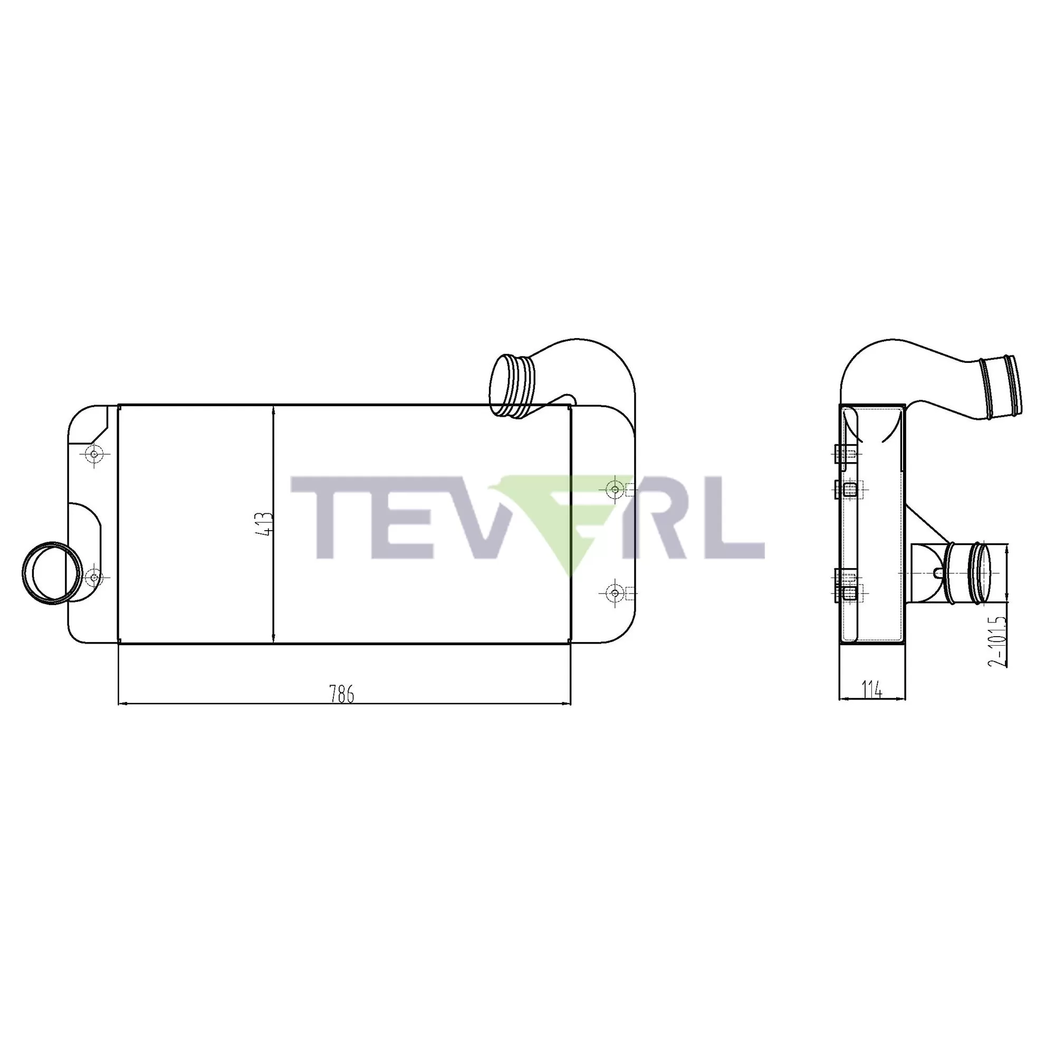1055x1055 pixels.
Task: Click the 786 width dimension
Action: click(x=342, y=694)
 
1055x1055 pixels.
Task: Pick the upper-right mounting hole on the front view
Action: click(x=615, y=490)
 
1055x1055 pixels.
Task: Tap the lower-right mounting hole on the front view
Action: click(x=615, y=592)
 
